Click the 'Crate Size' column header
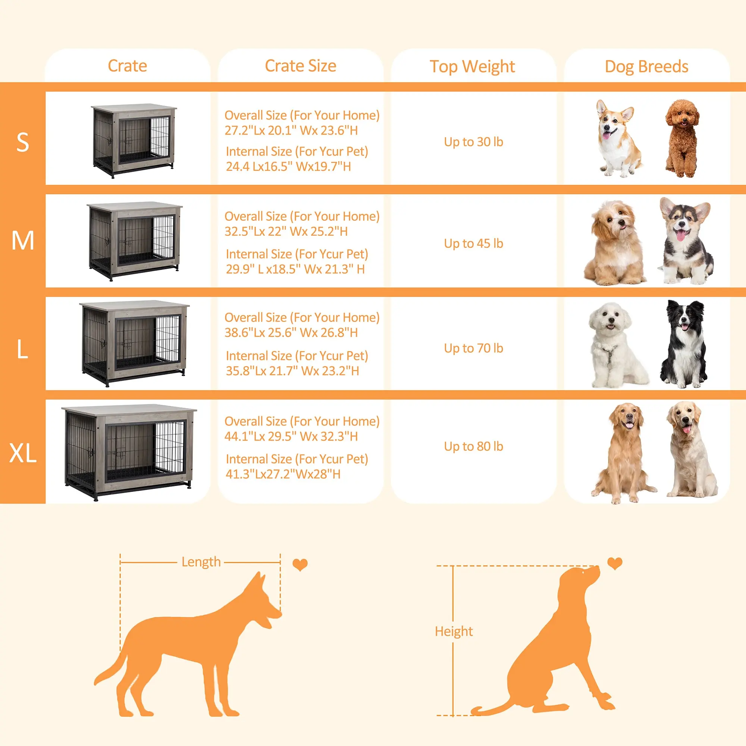pos(300,66)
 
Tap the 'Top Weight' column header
pos(472,67)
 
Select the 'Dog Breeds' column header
pos(646,67)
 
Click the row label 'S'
pos(23,142)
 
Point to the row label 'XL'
pos(23,453)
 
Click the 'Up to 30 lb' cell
pos(473,142)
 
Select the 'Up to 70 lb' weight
pos(473,348)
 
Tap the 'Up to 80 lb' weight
pos(473,446)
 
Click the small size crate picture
pos(134,141)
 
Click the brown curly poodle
pos(682,138)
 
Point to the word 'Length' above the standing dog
pos(201,562)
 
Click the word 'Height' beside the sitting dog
pos(454,631)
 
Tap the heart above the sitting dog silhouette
pos(615,562)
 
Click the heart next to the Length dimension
pos(300,564)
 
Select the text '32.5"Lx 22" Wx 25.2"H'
pos(286,231)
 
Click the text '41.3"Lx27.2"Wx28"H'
pos(283,474)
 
